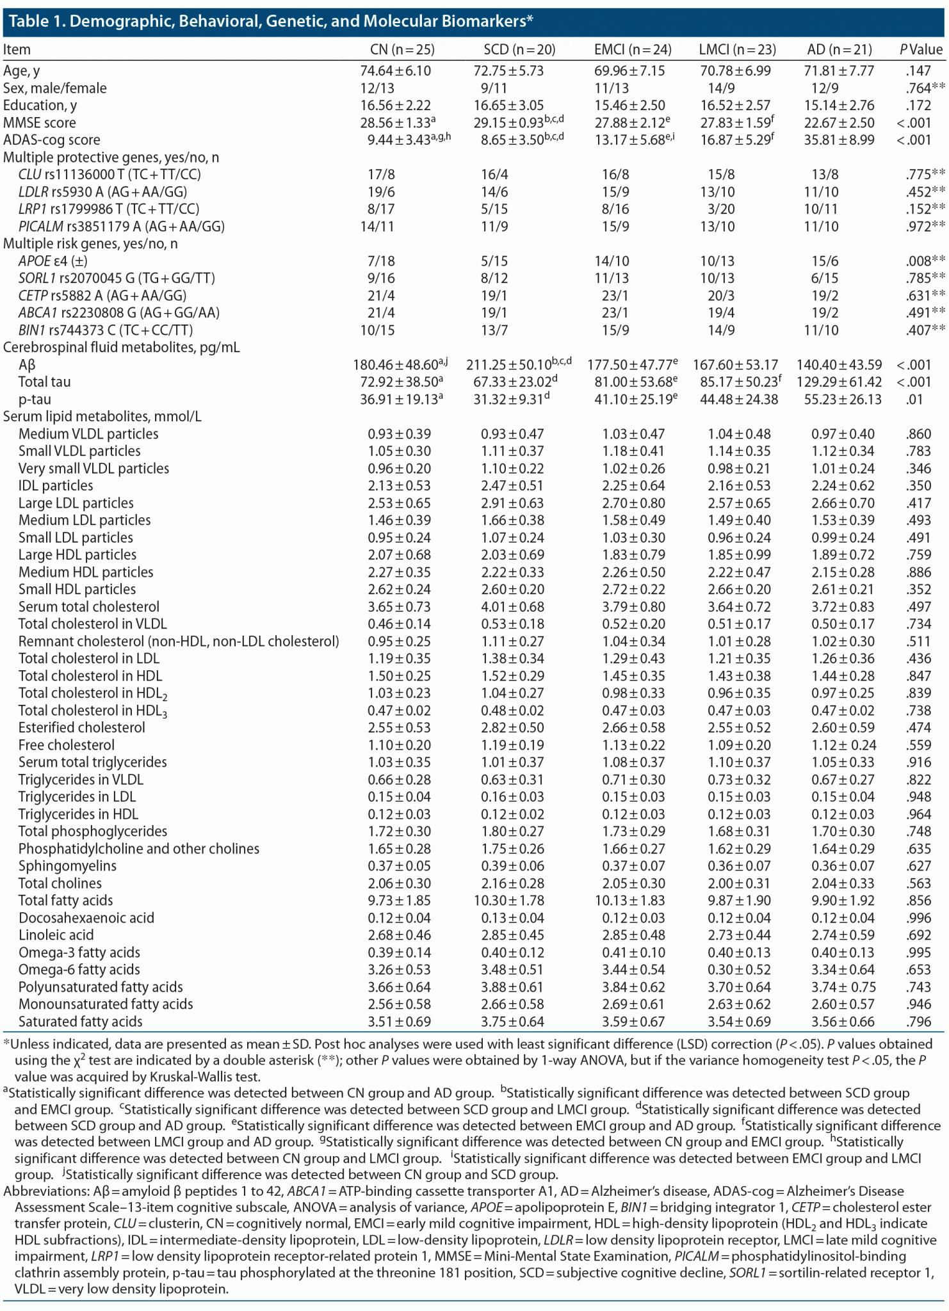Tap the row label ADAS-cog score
52,140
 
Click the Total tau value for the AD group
839,382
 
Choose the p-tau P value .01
918,399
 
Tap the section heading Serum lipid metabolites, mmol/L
102,417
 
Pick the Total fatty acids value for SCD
512,901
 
